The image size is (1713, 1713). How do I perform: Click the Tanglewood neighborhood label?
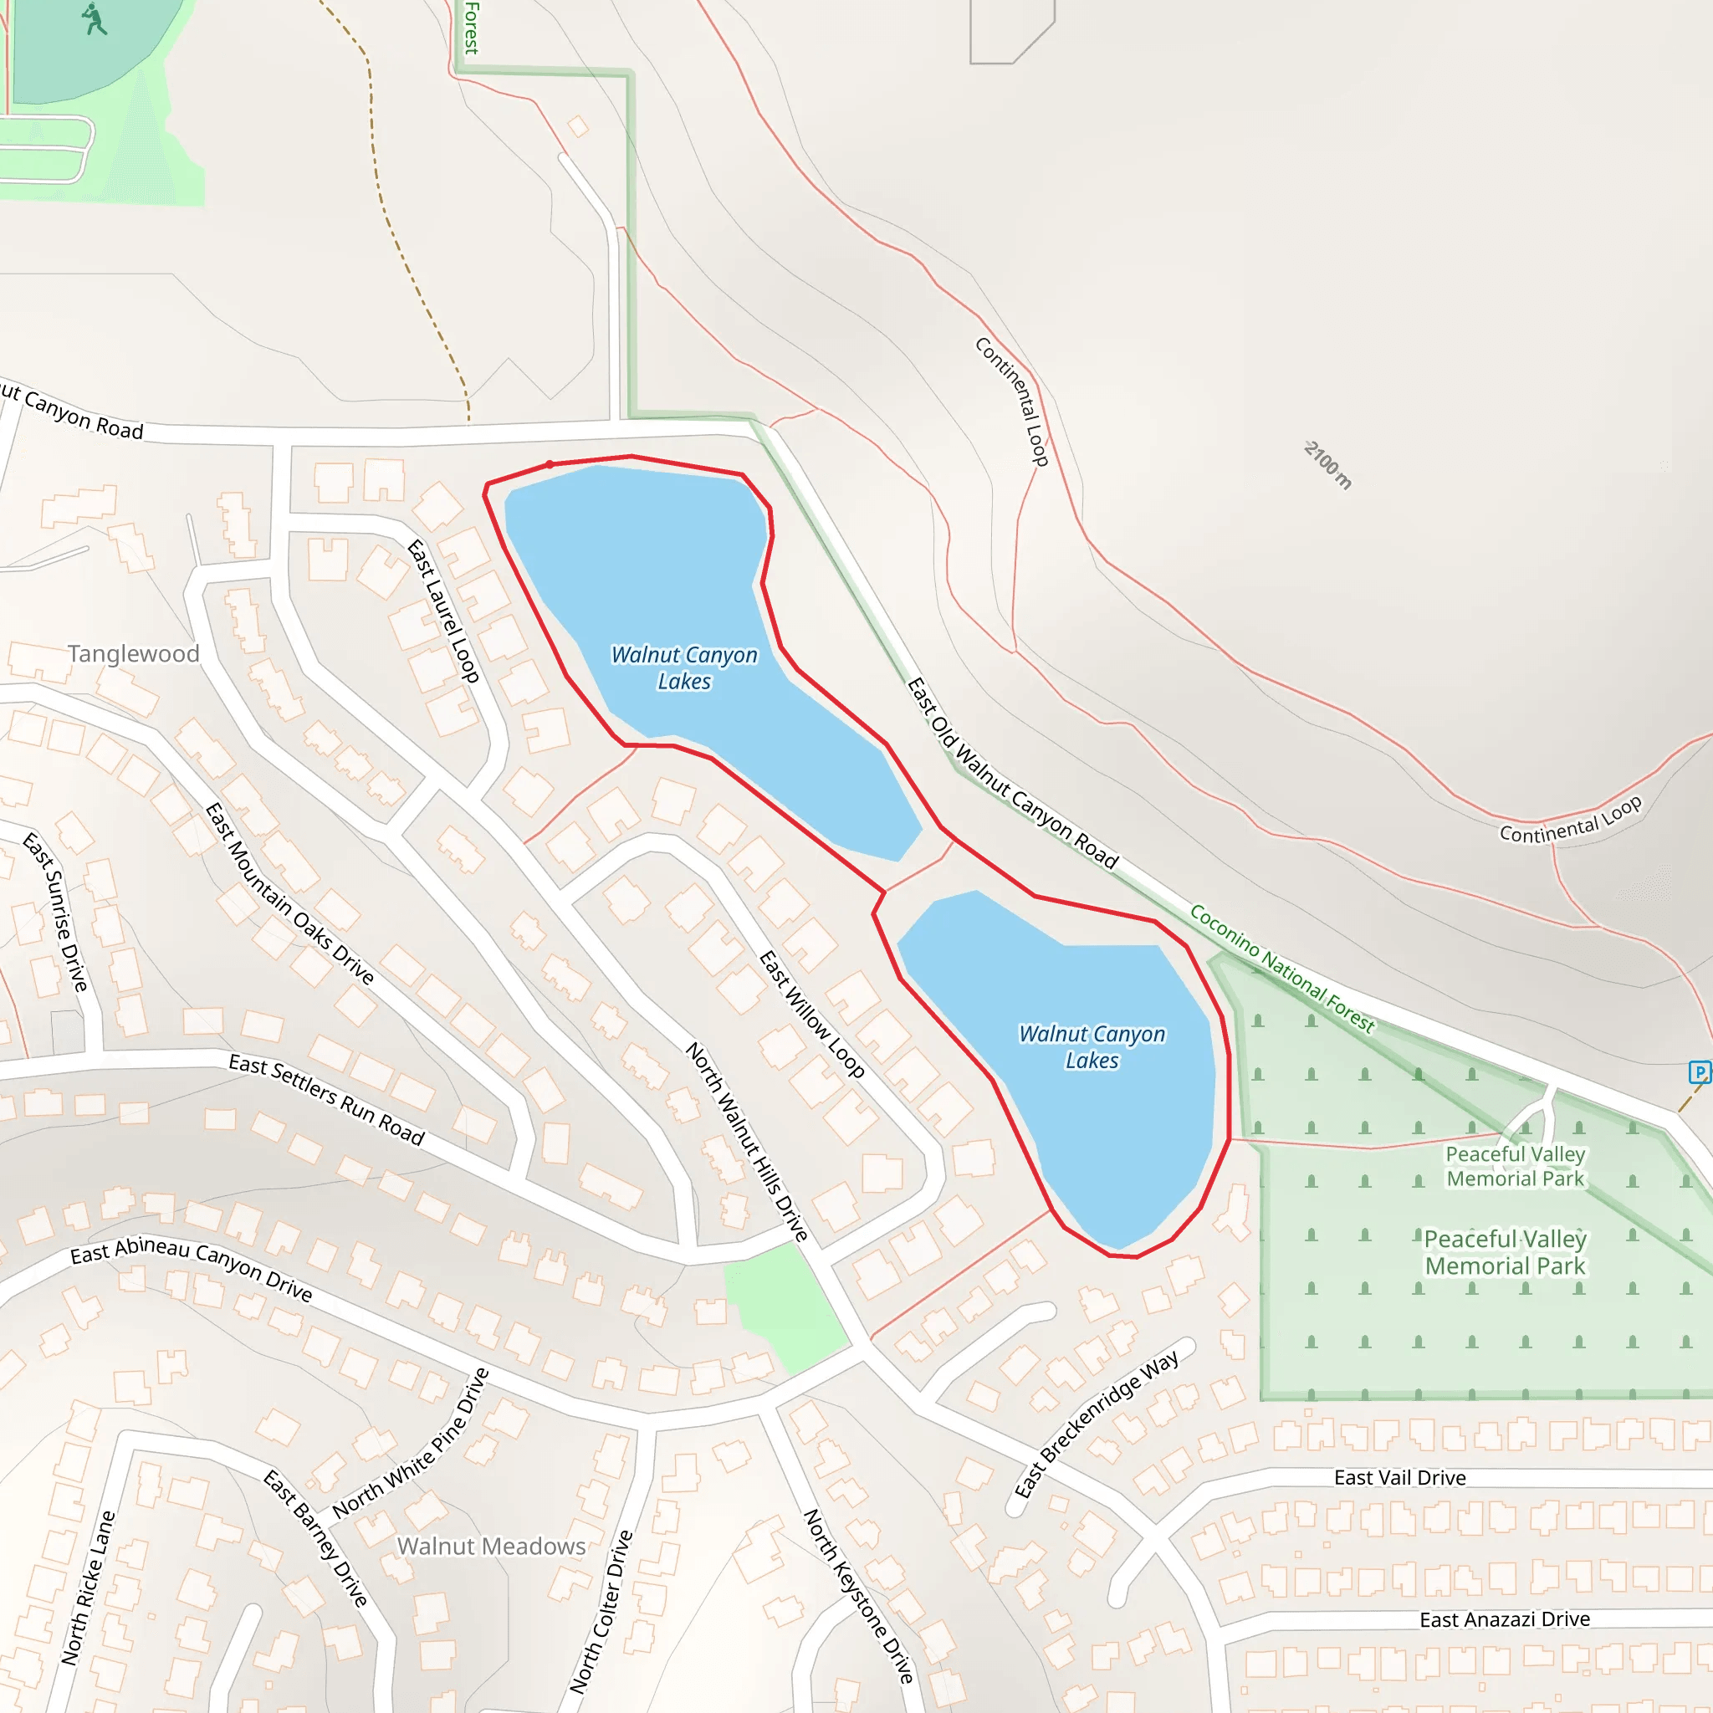133,654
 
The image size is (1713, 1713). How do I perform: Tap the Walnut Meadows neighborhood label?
491,1547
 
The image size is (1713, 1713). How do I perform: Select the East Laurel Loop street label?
443,611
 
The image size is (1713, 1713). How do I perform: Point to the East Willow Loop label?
811,1015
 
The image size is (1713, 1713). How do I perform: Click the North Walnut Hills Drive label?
747,1142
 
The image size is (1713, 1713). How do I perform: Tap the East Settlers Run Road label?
326,1099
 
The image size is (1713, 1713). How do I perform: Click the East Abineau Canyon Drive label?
192,1269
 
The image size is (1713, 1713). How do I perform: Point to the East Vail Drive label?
1399,1478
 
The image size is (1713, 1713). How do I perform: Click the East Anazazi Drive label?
1505,1620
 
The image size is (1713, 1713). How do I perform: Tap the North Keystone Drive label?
858,1596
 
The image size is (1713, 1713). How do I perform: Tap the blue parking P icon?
1699,1073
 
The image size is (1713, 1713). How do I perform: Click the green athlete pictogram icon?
93,19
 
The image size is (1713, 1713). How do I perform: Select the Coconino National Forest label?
1281,969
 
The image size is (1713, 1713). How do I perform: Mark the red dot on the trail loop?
550,464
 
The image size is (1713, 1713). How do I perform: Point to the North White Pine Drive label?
412,1443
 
